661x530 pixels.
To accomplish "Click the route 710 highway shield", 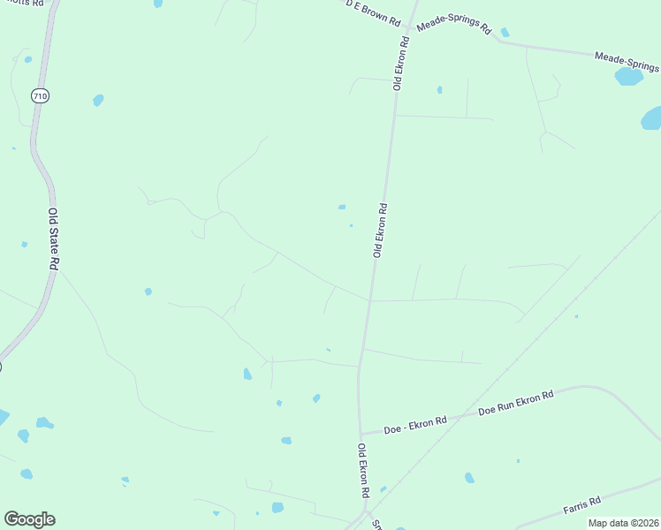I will tap(39, 95).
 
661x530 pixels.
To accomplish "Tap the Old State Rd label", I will tap(55, 238).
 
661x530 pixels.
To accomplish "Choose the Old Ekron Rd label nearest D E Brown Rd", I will tap(401, 63).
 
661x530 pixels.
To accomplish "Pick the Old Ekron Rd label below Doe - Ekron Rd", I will tap(363, 469).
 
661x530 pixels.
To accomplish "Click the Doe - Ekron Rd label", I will tap(415, 425).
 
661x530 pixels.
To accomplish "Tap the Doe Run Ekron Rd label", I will tap(515, 403).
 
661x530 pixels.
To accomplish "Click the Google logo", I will tap(29, 519).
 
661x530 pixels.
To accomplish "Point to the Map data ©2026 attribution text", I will tap(622, 523).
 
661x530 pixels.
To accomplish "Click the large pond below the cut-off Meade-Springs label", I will tap(629, 77).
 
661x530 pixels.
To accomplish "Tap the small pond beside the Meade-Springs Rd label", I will tap(505, 33).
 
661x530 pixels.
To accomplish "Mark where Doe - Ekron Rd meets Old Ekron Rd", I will tap(361, 435).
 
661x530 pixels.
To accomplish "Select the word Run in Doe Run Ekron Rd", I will tap(507, 405).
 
